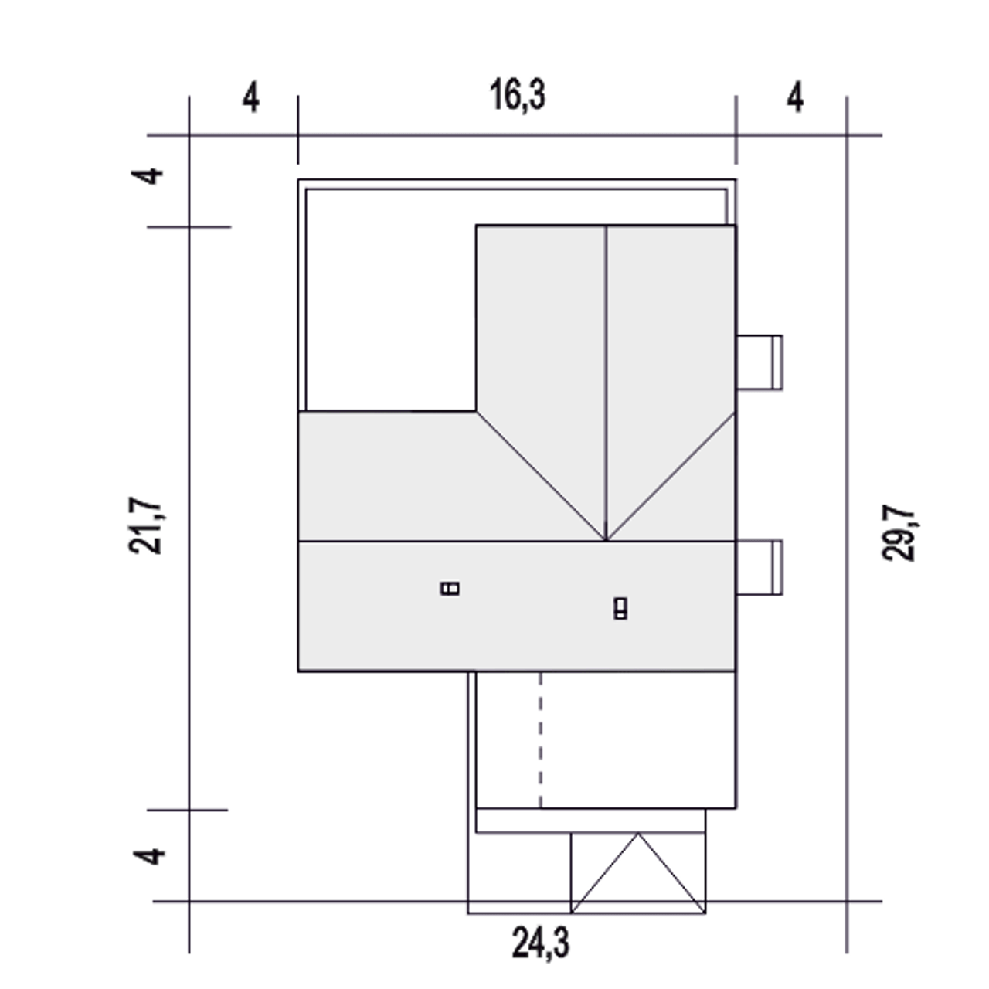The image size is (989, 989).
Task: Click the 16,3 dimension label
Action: tap(518, 95)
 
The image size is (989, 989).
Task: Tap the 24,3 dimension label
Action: tap(541, 943)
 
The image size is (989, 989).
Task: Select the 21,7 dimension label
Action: tap(145, 525)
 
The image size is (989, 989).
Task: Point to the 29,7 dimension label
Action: tap(899, 532)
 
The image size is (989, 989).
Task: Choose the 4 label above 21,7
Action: tap(148, 176)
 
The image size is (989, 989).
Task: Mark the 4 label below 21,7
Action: tap(149, 857)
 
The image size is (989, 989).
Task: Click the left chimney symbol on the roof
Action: tap(450, 588)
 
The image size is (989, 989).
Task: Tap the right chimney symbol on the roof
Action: tap(620, 609)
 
